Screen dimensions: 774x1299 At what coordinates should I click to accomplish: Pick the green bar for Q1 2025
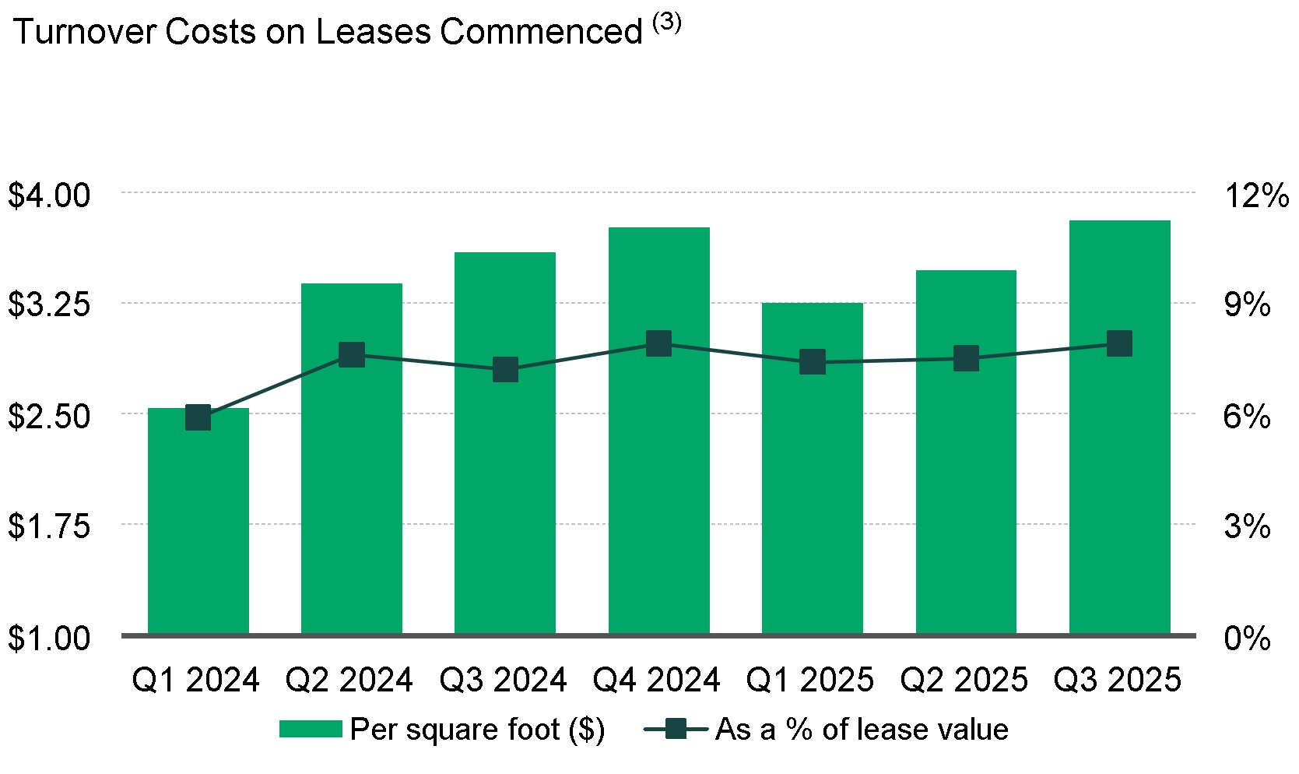click(x=812, y=468)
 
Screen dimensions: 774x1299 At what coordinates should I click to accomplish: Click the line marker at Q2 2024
click(x=352, y=355)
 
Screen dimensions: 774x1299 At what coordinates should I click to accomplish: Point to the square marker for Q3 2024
click(x=505, y=370)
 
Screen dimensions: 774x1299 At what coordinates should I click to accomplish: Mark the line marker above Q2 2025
click(x=966, y=359)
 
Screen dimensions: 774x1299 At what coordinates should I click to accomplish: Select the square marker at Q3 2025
click(x=1119, y=343)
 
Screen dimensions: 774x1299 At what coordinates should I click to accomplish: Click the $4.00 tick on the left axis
click(x=50, y=195)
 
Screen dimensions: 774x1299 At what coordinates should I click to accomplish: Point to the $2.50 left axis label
click(x=50, y=416)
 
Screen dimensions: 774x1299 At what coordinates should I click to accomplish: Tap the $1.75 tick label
click(x=50, y=526)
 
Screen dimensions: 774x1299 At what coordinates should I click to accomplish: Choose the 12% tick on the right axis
click(x=1256, y=195)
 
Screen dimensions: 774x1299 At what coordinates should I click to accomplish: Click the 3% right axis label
click(x=1247, y=526)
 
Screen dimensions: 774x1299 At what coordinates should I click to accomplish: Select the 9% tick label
click(x=1247, y=304)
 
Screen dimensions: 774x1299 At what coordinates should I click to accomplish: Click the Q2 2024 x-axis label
click(x=349, y=681)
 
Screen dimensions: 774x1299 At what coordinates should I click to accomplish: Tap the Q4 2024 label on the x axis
click(x=657, y=681)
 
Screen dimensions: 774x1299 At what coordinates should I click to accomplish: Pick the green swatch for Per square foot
click(x=311, y=730)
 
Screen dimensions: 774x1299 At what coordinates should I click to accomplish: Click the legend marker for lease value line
click(x=676, y=730)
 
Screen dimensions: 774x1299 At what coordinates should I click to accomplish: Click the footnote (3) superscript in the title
click(x=667, y=23)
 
